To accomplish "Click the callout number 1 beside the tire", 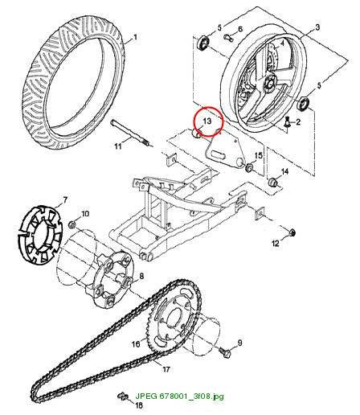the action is (x=135, y=37).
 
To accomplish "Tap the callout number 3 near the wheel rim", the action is (x=317, y=27).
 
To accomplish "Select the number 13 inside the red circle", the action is (x=207, y=121).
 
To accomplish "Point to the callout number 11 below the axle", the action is (x=118, y=146).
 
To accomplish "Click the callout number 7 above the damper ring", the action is (x=65, y=199).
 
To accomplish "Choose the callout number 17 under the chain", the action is (x=166, y=369).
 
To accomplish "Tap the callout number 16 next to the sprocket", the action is (x=136, y=343).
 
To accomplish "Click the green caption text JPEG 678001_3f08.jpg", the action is (x=179, y=396).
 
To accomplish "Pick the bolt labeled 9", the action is (x=224, y=351).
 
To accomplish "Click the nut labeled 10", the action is (x=72, y=224).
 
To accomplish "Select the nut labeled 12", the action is (x=292, y=232).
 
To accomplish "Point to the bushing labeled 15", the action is (x=249, y=167).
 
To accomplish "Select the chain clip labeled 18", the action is (x=123, y=396).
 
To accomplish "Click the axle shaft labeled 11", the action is (x=132, y=134).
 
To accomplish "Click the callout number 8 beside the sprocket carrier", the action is (x=141, y=276).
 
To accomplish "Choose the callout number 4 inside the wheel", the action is (x=282, y=43).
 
